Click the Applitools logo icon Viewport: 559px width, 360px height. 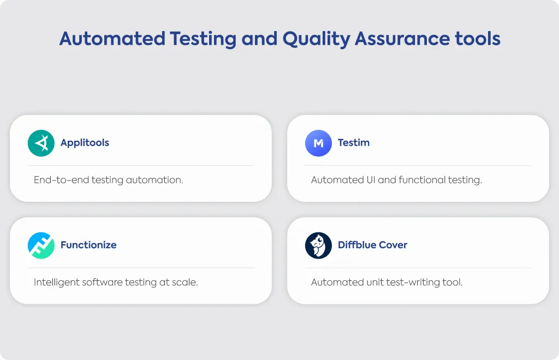click(x=41, y=143)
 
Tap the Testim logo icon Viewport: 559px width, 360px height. click(x=318, y=143)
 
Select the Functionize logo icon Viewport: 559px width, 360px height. click(x=41, y=245)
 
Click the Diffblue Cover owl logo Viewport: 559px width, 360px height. click(x=318, y=245)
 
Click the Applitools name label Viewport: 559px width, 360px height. click(x=85, y=143)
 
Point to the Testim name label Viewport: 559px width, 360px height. click(x=354, y=142)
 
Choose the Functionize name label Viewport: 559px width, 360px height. click(x=88, y=244)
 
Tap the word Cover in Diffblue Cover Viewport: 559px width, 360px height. click(x=393, y=244)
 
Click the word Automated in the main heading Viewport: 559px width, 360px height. click(x=112, y=39)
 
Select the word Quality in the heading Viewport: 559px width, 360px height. click(x=316, y=39)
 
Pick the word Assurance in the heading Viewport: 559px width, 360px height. click(x=402, y=39)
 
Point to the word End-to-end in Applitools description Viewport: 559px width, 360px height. click(x=61, y=180)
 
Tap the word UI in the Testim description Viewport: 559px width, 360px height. click(x=371, y=180)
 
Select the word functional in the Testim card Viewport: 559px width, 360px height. click(x=422, y=180)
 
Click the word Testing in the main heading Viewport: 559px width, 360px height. click(x=203, y=39)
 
